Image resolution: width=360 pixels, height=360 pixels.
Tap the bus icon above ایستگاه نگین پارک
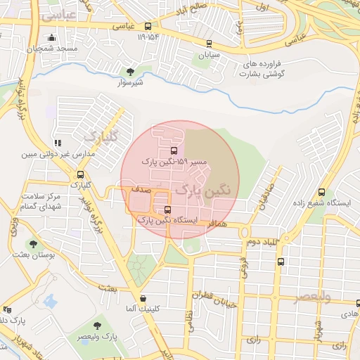[x=166, y=210]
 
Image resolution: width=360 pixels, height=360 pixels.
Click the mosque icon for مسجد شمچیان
[x=49, y=38]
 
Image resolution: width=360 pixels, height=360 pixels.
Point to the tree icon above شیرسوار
[x=129, y=71]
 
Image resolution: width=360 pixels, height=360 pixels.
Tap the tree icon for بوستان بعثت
[x=33, y=244]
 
